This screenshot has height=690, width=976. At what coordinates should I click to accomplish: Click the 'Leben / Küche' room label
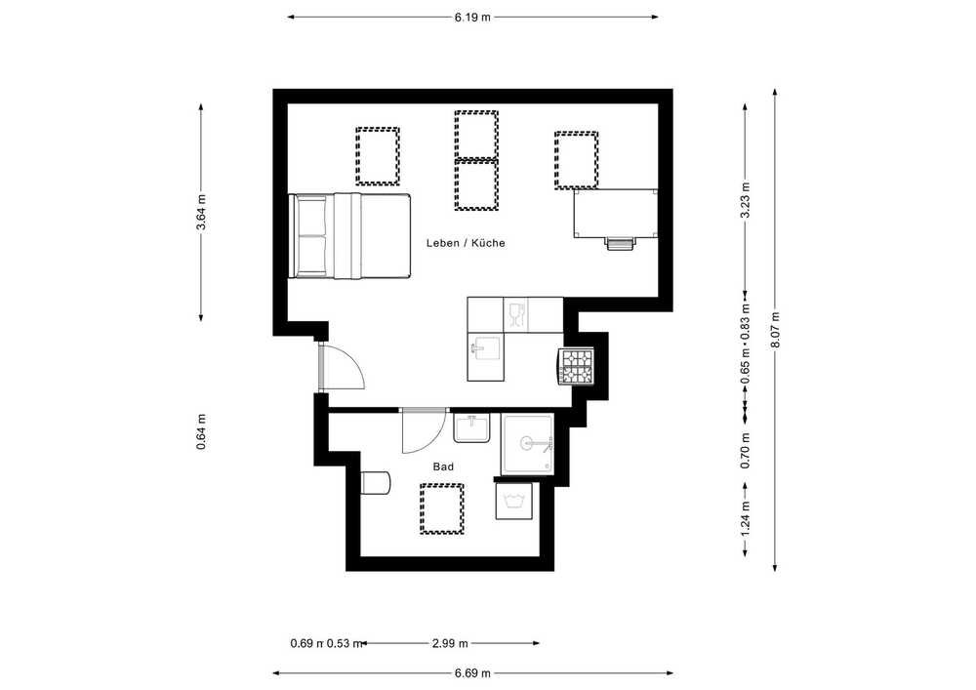[x=466, y=243]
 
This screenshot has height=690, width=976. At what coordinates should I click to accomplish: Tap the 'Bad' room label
[x=443, y=467]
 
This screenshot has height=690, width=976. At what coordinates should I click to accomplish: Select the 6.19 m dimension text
[x=472, y=18]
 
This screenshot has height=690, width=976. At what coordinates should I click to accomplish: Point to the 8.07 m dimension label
[x=775, y=330]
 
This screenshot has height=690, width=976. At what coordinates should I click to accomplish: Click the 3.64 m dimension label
[x=201, y=213]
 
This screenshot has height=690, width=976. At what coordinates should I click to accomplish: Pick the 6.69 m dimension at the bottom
[x=472, y=673]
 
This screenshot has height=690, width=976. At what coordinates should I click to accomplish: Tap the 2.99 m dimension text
[x=450, y=643]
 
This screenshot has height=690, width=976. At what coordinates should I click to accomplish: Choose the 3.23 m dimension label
[x=745, y=200]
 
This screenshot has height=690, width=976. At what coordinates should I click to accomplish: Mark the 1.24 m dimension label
[x=745, y=519]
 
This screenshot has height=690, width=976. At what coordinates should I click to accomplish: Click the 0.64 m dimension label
[x=201, y=431]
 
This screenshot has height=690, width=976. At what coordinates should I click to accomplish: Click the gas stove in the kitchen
[x=576, y=366]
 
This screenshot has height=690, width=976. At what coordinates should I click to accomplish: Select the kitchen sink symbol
[x=485, y=349]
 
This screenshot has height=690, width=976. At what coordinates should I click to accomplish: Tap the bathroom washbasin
[x=471, y=427]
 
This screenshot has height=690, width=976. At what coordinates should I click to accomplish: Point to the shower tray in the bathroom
[x=527, y=444]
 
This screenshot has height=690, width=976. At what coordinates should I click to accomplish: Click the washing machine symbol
[x=514, y=501]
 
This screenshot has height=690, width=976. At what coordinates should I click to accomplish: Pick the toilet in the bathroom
[x=376, y=482]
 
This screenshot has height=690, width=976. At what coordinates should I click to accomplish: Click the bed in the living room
[x=349, y=236]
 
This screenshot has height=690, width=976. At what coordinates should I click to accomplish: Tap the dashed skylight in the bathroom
[x=442, y=508]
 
